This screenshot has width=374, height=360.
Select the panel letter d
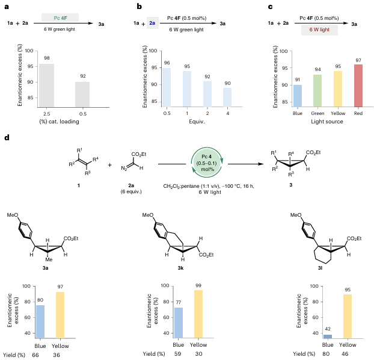click(x=7, y=138)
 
